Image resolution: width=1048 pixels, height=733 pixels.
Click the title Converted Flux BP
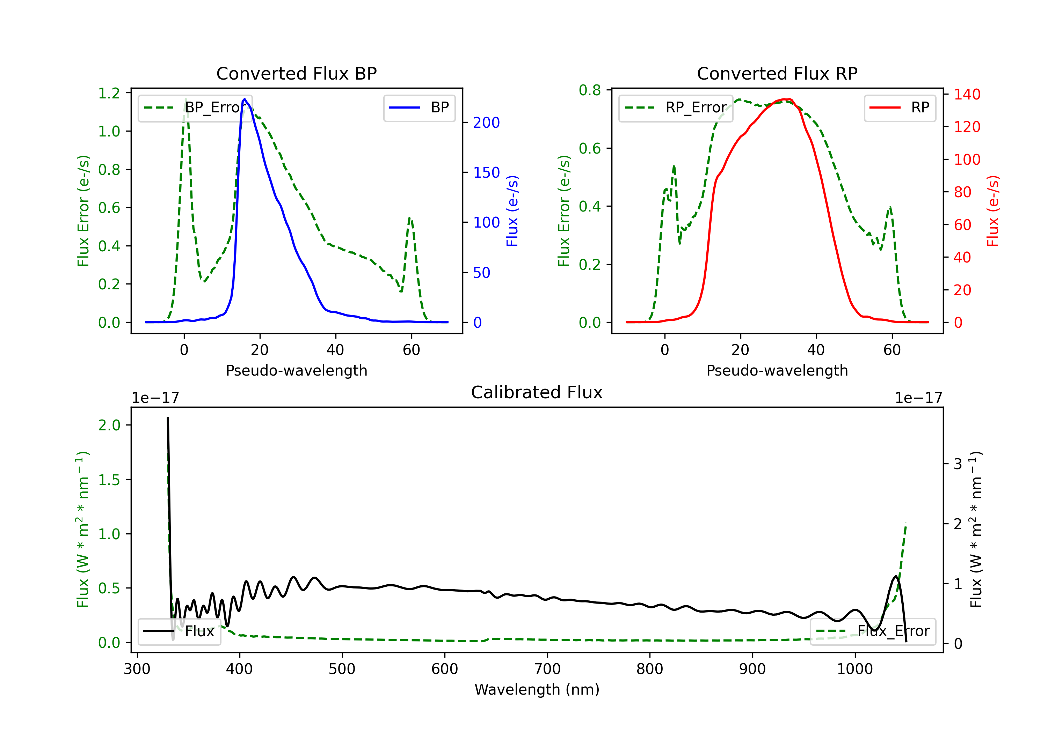[x=296, y=73]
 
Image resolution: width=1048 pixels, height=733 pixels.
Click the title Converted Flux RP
[x=777, y=73]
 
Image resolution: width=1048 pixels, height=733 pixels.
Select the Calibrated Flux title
[x=537, y=392]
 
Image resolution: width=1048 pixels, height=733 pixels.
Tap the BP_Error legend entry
[x=195, y=108]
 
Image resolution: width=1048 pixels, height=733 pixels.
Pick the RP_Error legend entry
[x=676, y=108]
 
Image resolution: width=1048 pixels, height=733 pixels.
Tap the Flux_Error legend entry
[x=873, y=632]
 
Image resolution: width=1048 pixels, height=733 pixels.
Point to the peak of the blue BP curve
[x=245, y=99]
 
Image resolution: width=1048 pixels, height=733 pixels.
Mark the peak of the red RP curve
[x=786, y=99]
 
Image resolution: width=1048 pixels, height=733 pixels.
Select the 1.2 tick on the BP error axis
[x=109, y=93]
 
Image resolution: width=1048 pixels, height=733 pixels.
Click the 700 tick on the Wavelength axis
[x=547, y=669]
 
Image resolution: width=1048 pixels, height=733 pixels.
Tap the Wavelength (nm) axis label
[x=537, y=690]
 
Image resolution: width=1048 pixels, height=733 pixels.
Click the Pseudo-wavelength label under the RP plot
[x=777, y=370]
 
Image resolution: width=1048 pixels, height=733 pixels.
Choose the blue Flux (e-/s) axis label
[x=512, y=211]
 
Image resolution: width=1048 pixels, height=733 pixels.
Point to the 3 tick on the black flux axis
[x=958, y=464]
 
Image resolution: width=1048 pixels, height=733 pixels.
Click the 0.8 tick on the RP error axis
[x=590, y=90]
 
